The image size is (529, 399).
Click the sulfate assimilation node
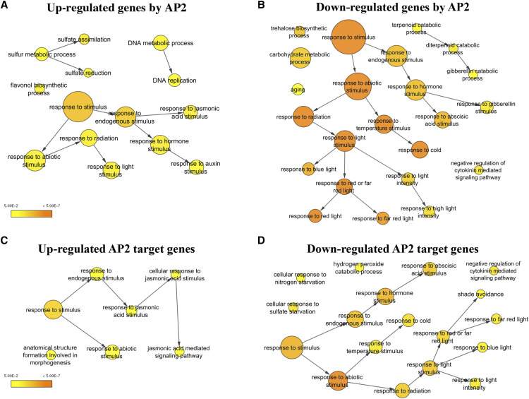[x=83, y=39]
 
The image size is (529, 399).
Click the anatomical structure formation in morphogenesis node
[x=51, y=355]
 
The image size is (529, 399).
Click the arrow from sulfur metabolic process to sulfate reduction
[x=68, y=62]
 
